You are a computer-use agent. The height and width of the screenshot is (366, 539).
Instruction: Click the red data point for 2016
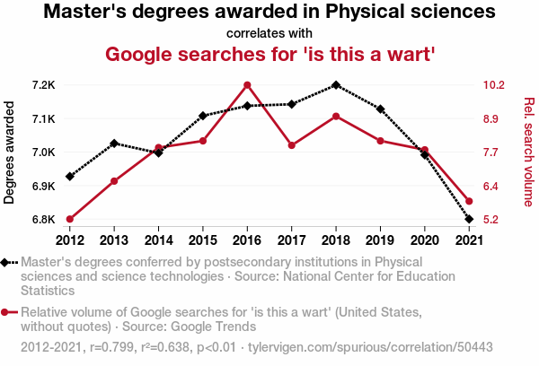pyautogui.click(x=247, y=85)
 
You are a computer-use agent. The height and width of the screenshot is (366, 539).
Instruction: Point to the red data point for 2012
pyautogui.click(x=70, y=219)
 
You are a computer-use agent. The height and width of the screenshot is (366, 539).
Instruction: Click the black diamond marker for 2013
pyautogui.click(x=114, y=144)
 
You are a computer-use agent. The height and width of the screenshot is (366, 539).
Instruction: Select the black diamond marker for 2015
pyautogui.click(x=203, y=116)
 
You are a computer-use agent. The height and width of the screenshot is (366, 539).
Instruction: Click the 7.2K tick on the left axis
pyautogui.click(x=43, y=85)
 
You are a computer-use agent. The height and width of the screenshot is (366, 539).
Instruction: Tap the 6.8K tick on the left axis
pyautogui.click(x=43, y=219)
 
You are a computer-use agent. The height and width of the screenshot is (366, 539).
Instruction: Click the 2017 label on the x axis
pyautogui.click(x=291, y=240)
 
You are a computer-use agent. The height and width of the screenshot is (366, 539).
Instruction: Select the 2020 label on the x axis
pyautogui.click(x=424, y=240)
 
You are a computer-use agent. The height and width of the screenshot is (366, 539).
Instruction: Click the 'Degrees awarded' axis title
pyautogui.click(x=10, y=152)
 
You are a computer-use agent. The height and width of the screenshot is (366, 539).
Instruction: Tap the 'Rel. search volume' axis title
pyautogui.click(x=529, y=152)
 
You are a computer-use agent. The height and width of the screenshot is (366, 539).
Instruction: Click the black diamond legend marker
pyautogui.click(x=7, y=262)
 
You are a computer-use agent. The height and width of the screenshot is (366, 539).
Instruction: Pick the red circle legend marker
pyautogui.click(x=7, y=312)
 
